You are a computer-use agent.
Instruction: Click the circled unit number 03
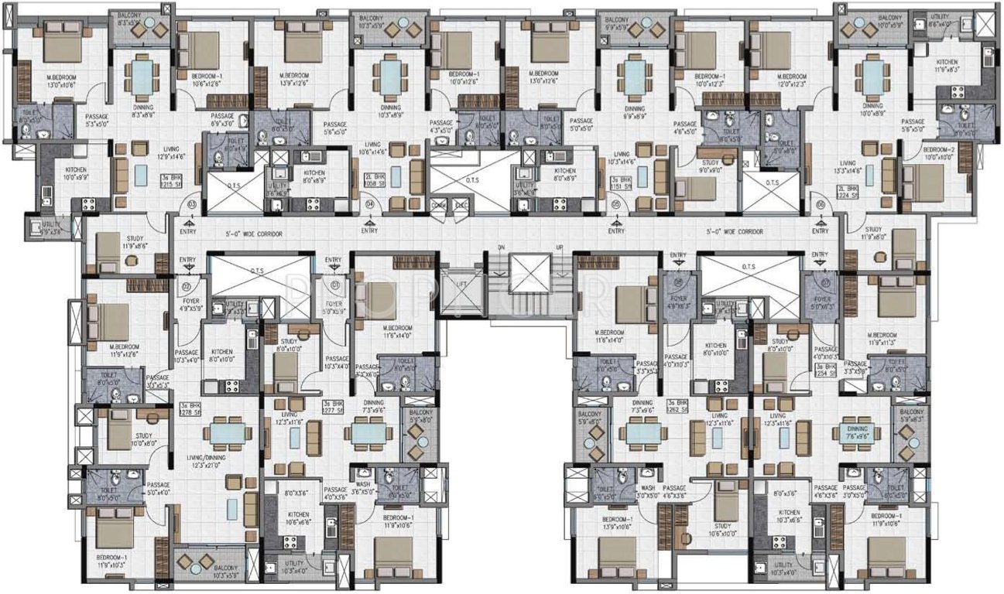click(x=191, y=204)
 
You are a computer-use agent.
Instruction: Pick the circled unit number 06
click(x=821, y=204)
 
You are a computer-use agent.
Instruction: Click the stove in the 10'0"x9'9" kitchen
click(x=88, y=204)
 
